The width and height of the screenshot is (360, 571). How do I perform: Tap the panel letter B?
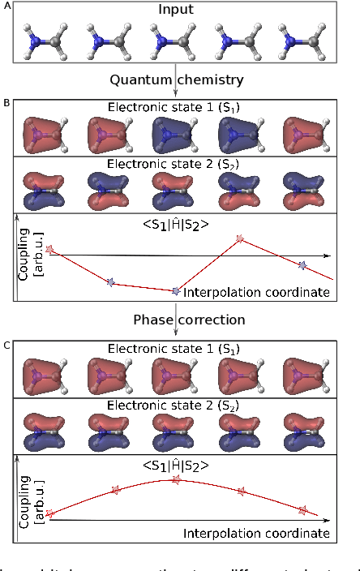pyautogui.click(x=6, y=105)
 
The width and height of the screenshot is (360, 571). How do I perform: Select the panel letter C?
pyautogui.click(x=6, y=346)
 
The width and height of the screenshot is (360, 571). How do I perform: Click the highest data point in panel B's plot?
pyautogui.click(x=240, y=238)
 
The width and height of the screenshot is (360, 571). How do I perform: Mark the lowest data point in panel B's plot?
pyautogui.click(x=175, y=290)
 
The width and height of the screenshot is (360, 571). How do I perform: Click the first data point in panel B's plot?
pyautogui.click(x=50, y=250)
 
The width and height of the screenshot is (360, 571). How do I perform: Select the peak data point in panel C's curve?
pyautogui.click(x=175, y=480)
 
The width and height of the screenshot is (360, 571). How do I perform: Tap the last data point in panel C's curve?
pyautogui.click(x=302, y=510)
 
